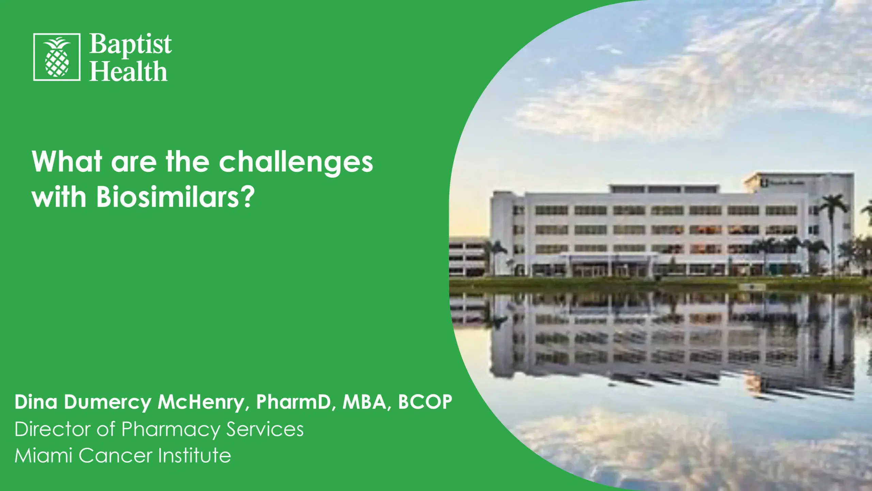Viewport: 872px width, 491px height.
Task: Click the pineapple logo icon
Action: pos(57,57)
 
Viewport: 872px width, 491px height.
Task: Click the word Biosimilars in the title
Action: pos(176,198)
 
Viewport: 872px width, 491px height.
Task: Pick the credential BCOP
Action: pos(425,402)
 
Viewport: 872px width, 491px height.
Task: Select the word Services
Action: pos(265,429)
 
